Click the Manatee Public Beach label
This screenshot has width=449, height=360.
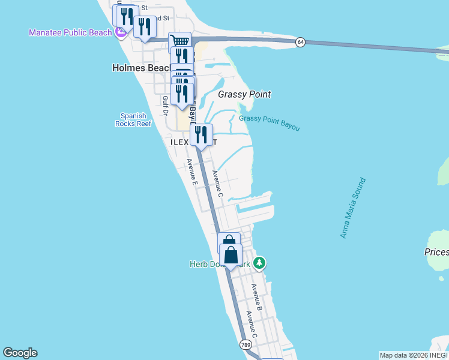point(70,32)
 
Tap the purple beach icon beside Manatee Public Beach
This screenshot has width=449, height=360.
point(121,32)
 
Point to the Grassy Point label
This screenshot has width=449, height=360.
point(244,94)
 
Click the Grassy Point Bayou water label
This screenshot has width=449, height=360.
point(269,122)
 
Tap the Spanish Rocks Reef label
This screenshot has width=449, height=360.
point(133,119)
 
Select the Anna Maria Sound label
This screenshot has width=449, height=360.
point(352,208)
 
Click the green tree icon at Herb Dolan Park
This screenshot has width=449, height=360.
point(259,263)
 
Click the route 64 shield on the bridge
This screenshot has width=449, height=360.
point(300,41)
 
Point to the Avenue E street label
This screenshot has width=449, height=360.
point(191,172)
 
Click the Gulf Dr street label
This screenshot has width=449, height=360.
point(164,107)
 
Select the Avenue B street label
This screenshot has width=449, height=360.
point(257,296)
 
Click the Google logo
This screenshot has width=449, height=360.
point(20,353)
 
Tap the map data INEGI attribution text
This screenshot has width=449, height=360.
point(414,355)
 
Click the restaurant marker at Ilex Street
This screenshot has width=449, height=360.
point(201,134)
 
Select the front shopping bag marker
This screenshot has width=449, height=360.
point(231,254)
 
